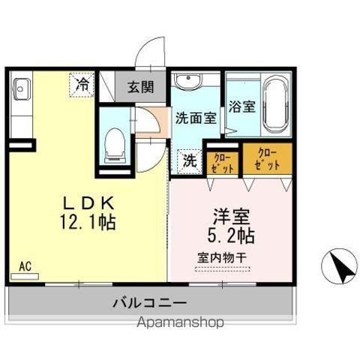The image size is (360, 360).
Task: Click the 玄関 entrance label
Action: (139, 86)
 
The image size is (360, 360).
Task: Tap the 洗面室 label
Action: (196, 118)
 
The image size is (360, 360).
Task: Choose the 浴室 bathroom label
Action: (241, 106)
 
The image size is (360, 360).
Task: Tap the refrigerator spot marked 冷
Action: (82, 84)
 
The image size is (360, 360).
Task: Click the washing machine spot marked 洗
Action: (189, 159)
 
